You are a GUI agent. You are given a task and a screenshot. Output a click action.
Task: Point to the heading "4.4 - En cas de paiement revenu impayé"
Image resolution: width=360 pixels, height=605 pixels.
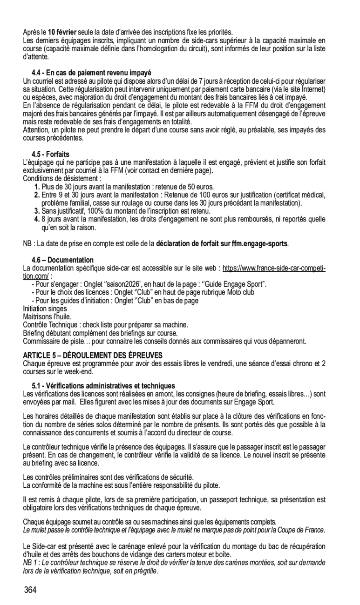click(x=91, y=73)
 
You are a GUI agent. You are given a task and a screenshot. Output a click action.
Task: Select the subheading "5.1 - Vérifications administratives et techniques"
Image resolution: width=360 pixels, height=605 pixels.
click(x=103, y=386)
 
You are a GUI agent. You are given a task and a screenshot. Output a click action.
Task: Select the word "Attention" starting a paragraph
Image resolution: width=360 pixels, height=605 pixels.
click(x=37, y=130)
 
